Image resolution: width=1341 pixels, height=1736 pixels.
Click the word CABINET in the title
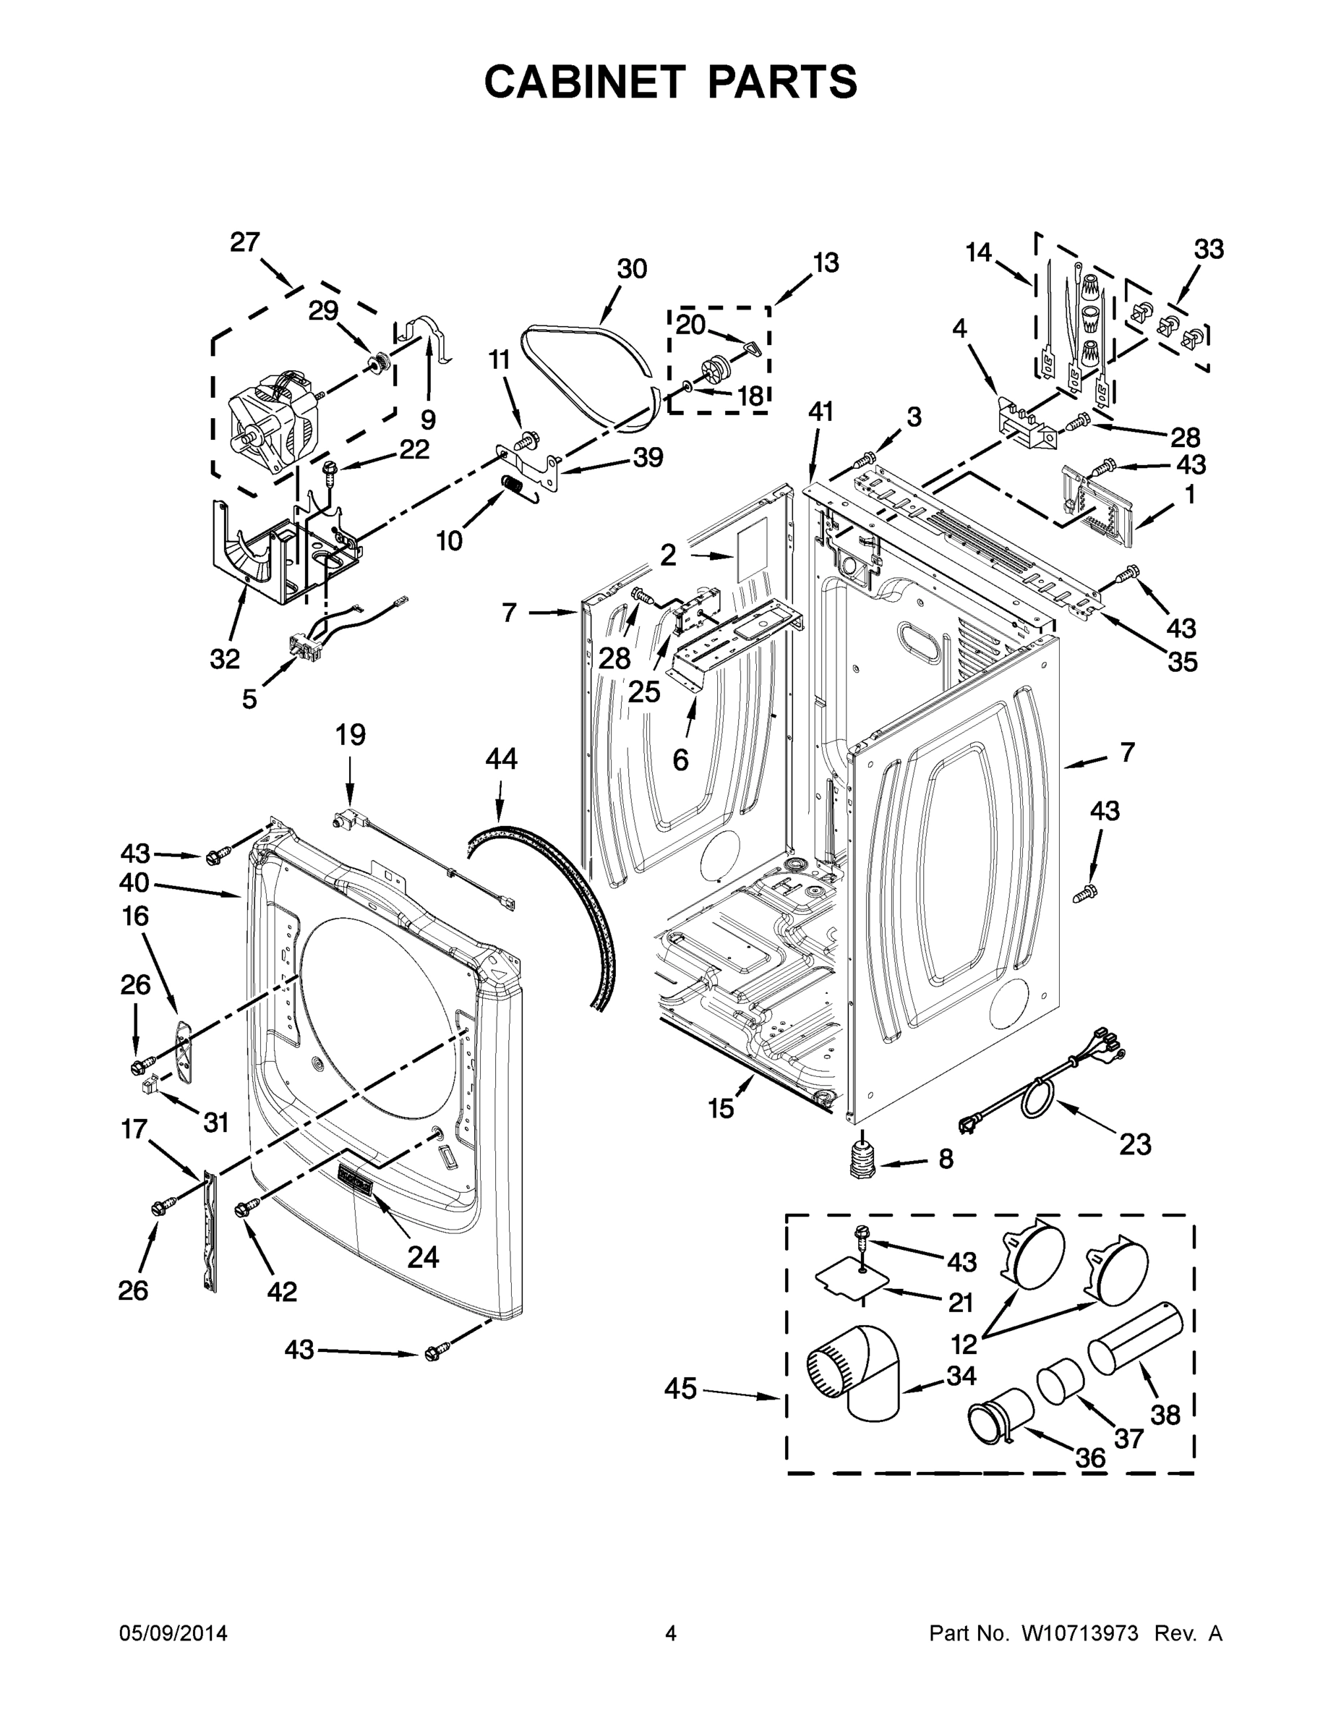click(584, 81)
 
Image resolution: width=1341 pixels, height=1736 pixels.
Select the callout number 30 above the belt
click(632, 270)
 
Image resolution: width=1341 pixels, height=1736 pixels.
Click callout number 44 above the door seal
click(500, 758)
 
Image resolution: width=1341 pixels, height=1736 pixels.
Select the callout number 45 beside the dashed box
click(680, 1389)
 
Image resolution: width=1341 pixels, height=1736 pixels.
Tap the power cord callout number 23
click(1134, 1144)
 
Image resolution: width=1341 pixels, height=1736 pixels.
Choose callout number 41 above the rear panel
click(821, 412)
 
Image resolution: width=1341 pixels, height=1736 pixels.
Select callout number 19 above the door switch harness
click(350, 734)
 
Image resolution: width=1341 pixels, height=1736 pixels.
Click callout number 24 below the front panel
click(423, 1256)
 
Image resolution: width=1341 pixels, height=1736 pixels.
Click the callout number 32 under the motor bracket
click(225, 658)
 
